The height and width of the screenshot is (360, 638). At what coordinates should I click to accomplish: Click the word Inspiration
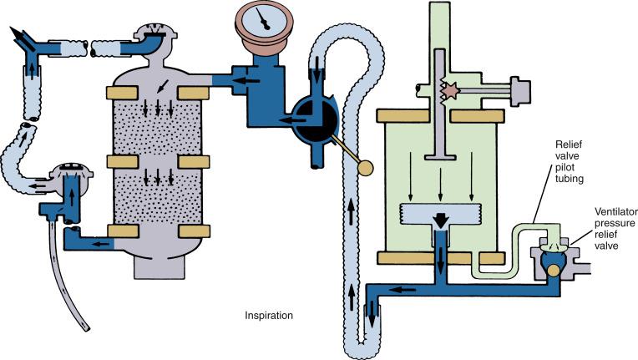click(269, 317)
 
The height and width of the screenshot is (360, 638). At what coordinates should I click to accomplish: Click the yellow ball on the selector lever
click(363, 170)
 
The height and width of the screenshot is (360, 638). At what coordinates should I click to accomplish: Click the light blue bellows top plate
click(439, 213)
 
